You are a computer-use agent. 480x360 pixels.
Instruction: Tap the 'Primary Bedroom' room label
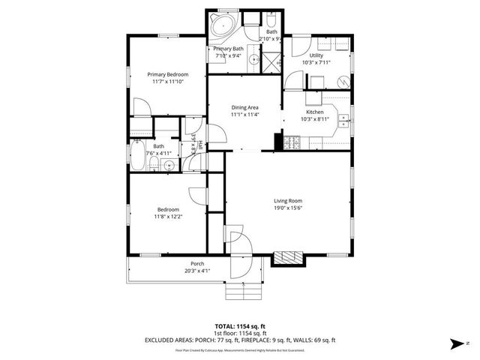167,74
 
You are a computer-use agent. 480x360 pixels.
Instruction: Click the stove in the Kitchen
292,141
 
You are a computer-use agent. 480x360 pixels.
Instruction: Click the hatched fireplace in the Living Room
289,259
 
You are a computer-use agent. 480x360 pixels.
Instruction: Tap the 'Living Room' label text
288,200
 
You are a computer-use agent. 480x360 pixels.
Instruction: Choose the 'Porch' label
197,263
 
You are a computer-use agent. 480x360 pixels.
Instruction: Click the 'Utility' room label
316,55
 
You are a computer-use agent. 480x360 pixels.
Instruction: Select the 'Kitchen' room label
314,112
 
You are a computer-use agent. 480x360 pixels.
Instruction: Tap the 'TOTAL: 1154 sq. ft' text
240,326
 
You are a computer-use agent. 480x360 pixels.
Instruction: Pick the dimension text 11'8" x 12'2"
168,216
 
